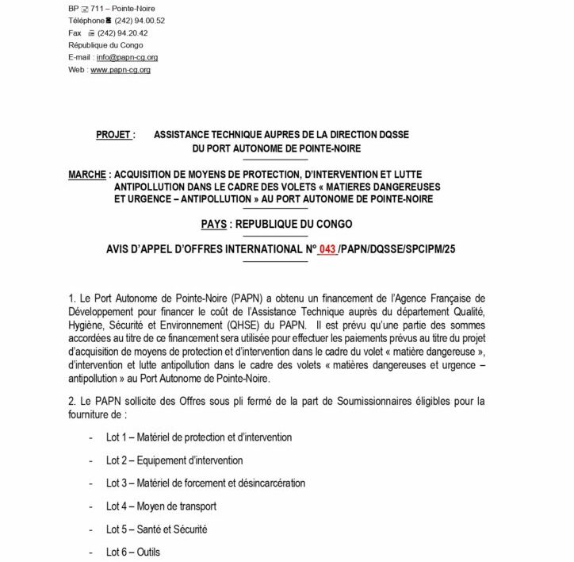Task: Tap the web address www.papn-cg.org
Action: pyautogui.click(x=121, y=70)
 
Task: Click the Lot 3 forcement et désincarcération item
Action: pyautogui.click(x=205, y=483)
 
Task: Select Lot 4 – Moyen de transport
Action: pyautogui.click(x=161, y=506)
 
